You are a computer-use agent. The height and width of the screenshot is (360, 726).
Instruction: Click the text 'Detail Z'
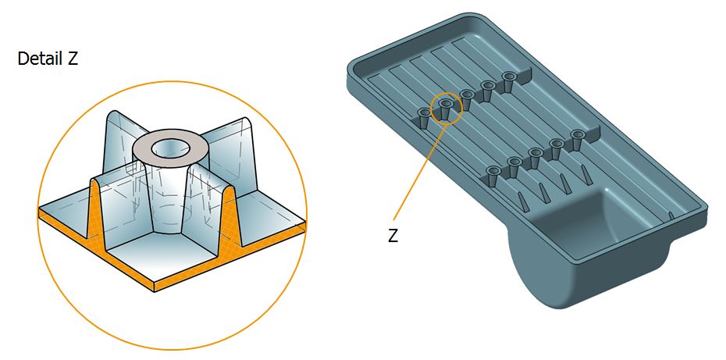click(48, 59)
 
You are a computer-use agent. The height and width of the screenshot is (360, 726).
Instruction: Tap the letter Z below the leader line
click(393, 236)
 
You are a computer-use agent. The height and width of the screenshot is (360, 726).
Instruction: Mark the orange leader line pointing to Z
click(421, 170)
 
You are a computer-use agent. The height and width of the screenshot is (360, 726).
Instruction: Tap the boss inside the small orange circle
click(446, 109)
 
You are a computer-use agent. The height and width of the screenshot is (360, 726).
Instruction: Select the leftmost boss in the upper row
click(424, 118)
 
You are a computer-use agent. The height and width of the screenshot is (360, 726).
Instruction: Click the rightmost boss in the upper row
click(509, 82)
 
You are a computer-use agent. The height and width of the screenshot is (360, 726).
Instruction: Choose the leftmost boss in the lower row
click(493, 176)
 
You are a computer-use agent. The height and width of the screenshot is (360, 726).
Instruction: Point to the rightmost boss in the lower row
click(577, 140)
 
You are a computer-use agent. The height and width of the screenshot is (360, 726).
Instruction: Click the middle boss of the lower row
click(535, 158)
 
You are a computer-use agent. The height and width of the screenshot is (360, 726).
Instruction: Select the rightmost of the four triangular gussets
click(585, 176)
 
